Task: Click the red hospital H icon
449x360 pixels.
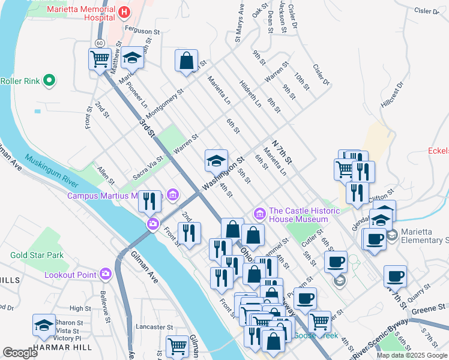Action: (x=124, y=12)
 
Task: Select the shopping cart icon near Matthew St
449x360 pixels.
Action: (x=100, y=59)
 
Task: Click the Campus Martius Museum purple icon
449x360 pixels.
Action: (x=173, y=194)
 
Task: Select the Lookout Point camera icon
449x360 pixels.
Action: (x=106, y=274)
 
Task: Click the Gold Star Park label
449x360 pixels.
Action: (x=37, y=255)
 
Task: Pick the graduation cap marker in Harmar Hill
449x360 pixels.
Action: (x=44, y=325)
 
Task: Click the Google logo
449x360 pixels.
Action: (x=20, y=353)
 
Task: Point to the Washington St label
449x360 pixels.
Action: (x=223, y=175)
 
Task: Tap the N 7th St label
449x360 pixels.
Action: (x=282, y=152)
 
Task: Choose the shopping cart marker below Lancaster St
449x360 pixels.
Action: (x=177, y=346)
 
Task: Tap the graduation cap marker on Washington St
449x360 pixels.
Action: (x=217, y=160)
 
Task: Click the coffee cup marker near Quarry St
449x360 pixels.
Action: (x=395, y=277)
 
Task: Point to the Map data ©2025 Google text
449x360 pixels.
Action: (x=411, y=355)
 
